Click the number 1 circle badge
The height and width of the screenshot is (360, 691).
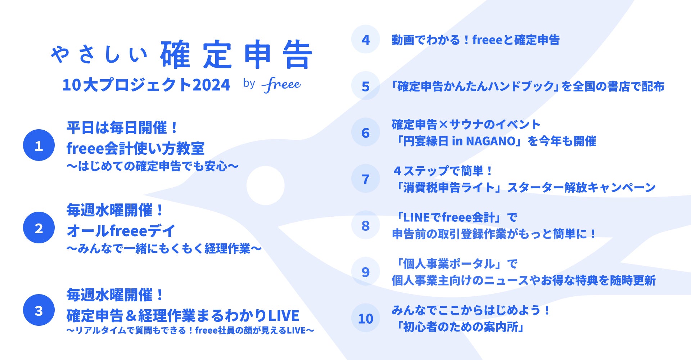point(39,145)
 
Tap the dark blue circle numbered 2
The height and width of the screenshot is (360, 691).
point(39,228)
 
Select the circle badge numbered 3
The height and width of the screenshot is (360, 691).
point(39,310)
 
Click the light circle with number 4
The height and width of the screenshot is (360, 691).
point(366,39)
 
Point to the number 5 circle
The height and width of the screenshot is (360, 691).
point(366,86)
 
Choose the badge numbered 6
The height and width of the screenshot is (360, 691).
point(366,132)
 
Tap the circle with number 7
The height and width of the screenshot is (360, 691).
point(366,179)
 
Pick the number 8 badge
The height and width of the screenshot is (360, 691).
point(366,225)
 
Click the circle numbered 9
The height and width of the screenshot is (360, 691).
point(366,271)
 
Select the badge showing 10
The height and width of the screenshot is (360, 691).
point(366,318)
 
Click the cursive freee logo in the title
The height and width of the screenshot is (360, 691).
point(281,85)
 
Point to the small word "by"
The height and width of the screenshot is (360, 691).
point(249,84)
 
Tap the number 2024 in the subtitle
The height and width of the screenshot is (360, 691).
point(211,85)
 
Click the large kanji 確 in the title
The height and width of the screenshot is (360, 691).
point(175,54)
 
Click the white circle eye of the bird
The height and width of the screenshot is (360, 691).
point(266,185)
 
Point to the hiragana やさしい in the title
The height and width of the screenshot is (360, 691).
point(99,55)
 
